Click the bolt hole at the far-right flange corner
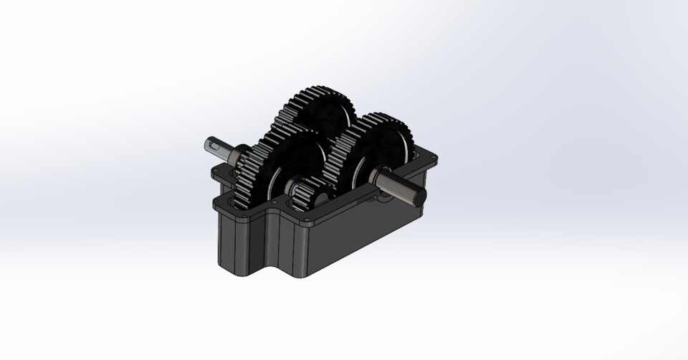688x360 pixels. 432,156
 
